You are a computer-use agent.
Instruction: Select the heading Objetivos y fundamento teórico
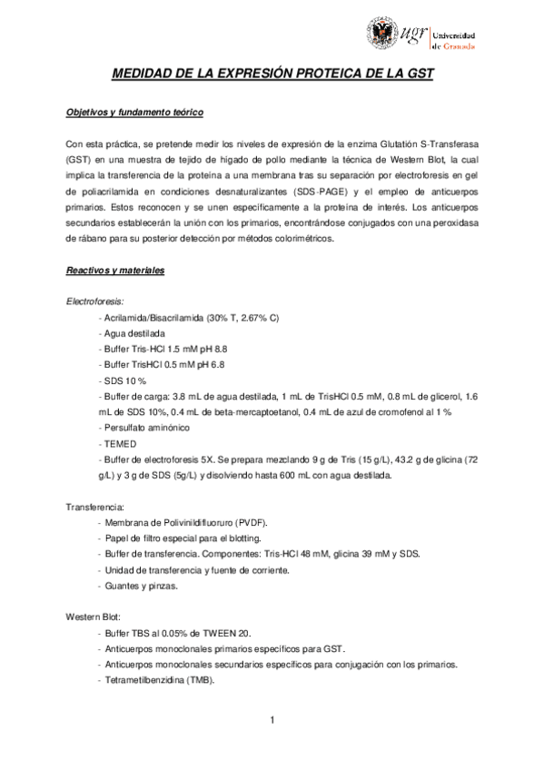point(134,113)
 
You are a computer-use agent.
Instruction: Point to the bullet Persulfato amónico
point(146,428)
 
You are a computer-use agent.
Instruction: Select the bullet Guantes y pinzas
point(141,585)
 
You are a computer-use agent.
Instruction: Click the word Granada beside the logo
point(457,42)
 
